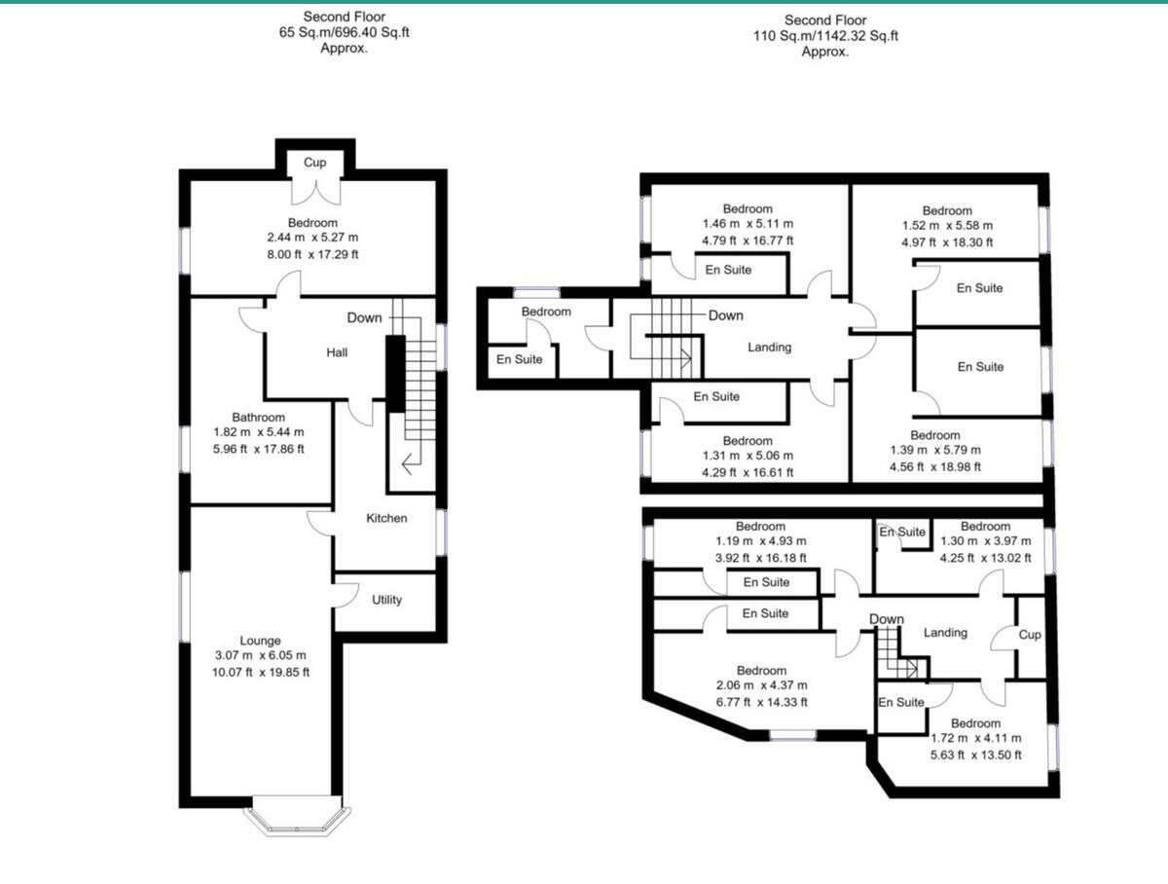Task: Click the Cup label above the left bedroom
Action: (314, 163)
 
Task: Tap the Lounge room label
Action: (261, 641)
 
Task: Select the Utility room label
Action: (386, 600)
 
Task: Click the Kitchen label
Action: (386, 518)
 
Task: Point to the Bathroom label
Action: (258, 417)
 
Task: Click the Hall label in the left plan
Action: (337, 352)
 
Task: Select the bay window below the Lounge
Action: (295, 820)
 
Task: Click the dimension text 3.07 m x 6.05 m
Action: (261, 655)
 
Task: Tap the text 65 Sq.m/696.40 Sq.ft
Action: (344, 32)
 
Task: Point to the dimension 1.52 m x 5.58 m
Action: (946, 226)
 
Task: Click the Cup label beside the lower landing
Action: (1030, 635)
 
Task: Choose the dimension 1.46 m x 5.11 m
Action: (748, 224)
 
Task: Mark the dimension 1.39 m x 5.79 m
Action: (934, 450)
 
